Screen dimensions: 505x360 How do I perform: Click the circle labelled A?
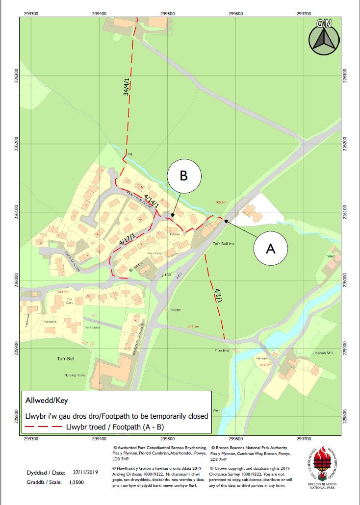coord(270,249)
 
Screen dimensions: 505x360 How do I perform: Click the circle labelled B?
coord(183,176)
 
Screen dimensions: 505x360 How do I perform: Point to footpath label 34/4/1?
coord(127,88)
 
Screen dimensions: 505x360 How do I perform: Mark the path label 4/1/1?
coord(218,297)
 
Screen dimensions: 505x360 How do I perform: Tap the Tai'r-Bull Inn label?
coord(222,244)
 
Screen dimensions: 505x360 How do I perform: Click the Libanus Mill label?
coord(322,353)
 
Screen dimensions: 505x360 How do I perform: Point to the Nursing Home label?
coord(75,375)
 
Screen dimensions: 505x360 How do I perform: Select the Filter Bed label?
coord(222,351)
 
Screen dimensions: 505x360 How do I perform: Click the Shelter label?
coord(176,310)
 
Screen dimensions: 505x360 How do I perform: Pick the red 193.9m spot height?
coord(265,365)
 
